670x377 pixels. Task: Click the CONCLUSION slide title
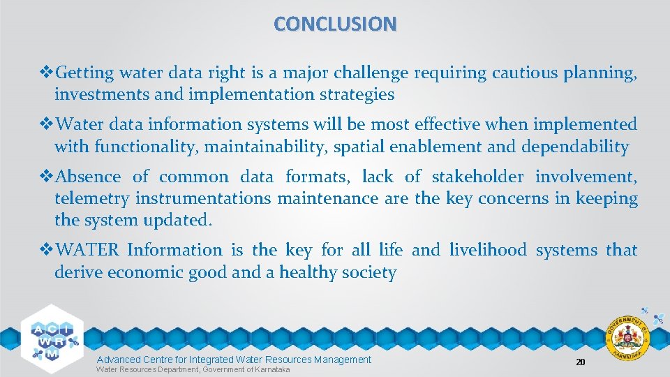335,24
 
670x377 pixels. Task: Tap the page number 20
579,362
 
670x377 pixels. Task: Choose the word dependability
573,147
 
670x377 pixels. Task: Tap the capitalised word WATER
87,250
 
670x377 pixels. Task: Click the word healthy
309,272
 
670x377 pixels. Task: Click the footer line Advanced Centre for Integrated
233,360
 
